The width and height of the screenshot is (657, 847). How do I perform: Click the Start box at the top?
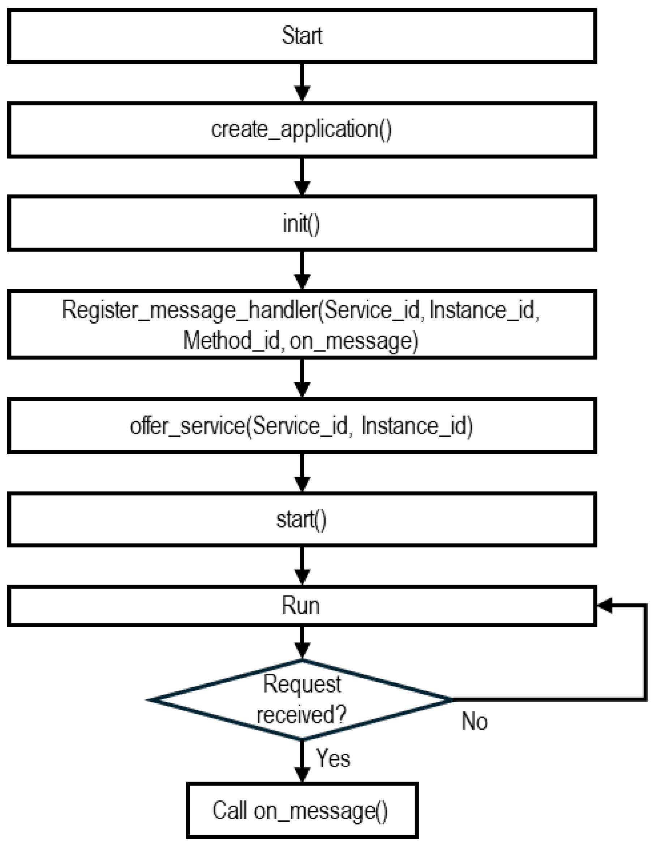pyautogui.click(x=302, y=36)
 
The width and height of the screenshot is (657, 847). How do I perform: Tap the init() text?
pyautogui.click(x=301, y=224)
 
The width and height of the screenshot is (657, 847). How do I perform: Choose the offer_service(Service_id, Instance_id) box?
pyautogui.click(x=302, y=426)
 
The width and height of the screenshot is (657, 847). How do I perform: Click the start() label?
pyautogui.click(x=301, y=520)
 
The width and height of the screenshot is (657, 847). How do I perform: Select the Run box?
pyautogui.click(x=302, y=606)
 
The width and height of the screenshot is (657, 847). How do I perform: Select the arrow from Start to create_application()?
pyautogui.click(x=302, y=83)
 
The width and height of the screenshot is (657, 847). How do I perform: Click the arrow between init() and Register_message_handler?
pyautogui.click(x=302, y=270)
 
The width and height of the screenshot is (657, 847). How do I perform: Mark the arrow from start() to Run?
pyautogui.click(x=302, y=566)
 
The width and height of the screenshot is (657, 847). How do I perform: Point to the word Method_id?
pyautogui.click(x=231, y=341)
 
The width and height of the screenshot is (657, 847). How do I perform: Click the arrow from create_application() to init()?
pyautogui.click(x=302, y=176)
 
